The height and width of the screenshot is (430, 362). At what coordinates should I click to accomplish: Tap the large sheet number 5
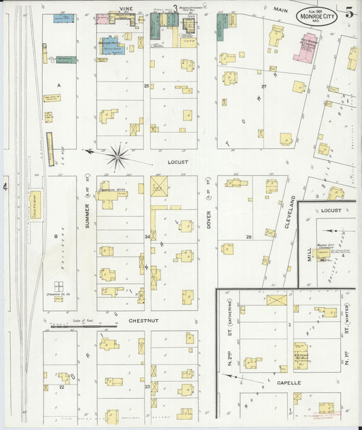349,12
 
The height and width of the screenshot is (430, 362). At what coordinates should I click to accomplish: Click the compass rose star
118,157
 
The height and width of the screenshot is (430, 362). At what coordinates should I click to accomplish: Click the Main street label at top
280,10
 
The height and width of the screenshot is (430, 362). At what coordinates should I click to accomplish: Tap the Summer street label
88,214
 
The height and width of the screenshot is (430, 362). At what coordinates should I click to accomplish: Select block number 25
146,86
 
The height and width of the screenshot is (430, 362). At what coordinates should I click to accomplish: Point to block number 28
249,237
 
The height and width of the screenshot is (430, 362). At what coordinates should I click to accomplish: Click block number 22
61,386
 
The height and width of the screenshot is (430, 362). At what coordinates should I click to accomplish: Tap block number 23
147,386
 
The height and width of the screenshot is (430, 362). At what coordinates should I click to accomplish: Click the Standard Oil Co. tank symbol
58,286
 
